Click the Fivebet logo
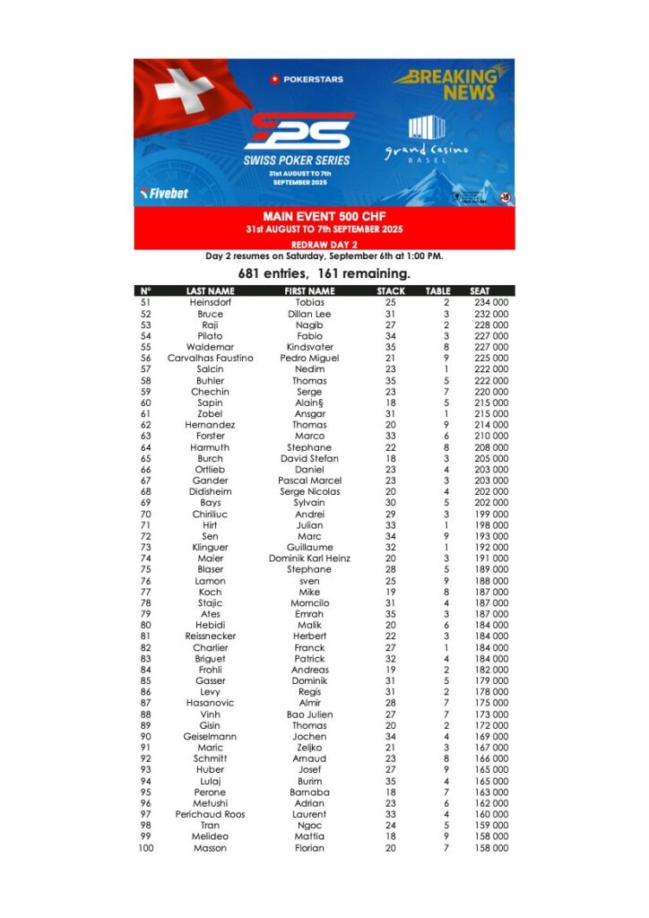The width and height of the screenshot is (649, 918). tap(165, 193)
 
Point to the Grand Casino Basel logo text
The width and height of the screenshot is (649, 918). tap(427, 152)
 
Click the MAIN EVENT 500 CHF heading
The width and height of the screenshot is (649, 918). tap(324, 217)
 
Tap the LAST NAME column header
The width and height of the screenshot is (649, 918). tap(210, 291)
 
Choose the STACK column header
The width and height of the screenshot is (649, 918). tap(391, 291)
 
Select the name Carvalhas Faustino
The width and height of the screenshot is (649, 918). tap(210, 359)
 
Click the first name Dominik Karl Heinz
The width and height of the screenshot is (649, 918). tap(309, 559)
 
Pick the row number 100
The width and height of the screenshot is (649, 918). tap(145, 848)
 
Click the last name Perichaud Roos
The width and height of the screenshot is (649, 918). tap(210, 815)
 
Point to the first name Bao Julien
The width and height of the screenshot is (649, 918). tap(309, 714)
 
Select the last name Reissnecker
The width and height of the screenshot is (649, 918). tap(210, 637)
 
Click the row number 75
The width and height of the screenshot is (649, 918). tap(145, 569)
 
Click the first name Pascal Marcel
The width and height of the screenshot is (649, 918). tap(309, 481)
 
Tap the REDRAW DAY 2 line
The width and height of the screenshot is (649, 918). tap(324, 244)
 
